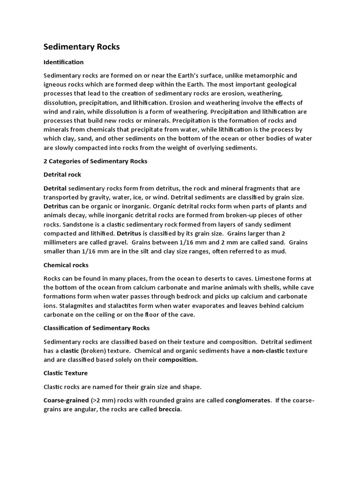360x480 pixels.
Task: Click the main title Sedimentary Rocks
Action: (82, 47)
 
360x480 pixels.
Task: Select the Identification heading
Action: (63, 62)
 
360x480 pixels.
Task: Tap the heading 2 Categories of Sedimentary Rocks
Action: (95, 161)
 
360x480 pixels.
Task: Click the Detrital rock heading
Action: (62, 174)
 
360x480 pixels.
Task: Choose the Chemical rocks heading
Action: (66, 265)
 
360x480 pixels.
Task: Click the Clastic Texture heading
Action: (65, 373)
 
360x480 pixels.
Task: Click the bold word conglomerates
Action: (248, 400)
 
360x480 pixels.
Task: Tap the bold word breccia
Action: (169, 409)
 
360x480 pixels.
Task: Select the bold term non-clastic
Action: (268, 351)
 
